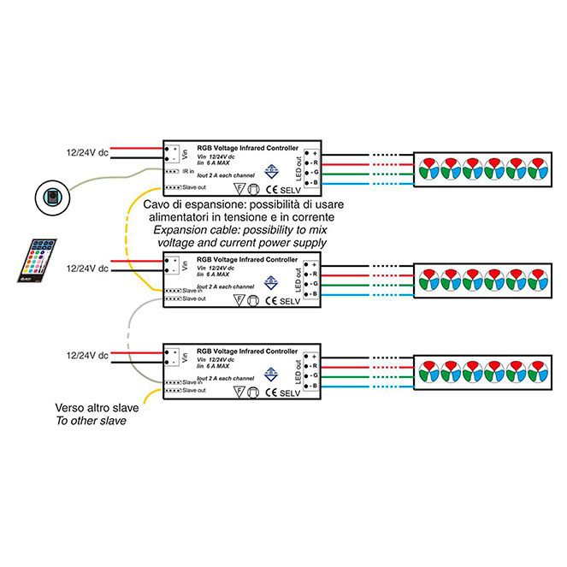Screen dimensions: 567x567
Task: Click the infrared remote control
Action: (35, 259)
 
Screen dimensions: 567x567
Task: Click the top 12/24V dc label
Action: (86, 153)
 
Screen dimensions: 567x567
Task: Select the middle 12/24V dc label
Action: (86, 269)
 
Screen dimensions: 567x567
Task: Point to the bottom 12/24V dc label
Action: (86, 354)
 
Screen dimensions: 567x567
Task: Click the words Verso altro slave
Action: (96, 408)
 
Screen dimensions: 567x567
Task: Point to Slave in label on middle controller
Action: (193, 291)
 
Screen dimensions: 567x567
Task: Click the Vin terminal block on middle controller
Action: (173, 264)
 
